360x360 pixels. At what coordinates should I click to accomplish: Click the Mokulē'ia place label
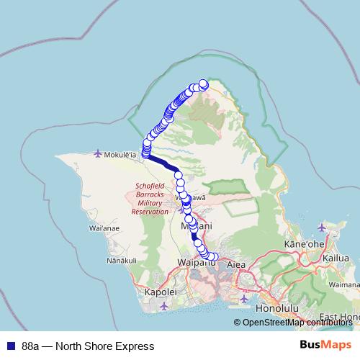coord(122,153)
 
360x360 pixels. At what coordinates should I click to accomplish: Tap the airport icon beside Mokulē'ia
coord(99,153)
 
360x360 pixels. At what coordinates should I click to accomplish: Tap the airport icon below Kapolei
coord(164,307)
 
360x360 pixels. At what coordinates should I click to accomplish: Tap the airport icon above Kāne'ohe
coord(321,228)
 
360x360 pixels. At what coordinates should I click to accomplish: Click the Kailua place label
coord(337,257)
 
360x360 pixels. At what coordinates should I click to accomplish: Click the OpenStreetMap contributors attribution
coord(299,323)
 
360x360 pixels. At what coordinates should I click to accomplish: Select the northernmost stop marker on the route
coord(204,84)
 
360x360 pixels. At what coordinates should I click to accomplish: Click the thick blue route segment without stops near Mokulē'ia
coord(163,163)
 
